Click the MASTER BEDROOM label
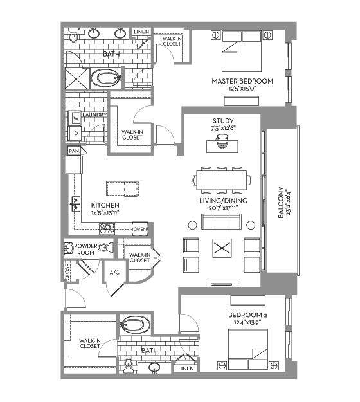tap(242, 81)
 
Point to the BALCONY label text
tap(281, 203)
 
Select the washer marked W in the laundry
tap(76, 118)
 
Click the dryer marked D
tap(76, 133)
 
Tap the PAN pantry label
tap(74, 151)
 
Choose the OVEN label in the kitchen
tap(140, 229)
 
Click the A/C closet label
tap(114, 273)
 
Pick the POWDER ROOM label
tap(86, 249)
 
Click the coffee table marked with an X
tap(222, 248)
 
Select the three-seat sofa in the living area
tap(222, 221)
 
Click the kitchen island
tap(123, 188)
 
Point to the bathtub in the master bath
tap(105, 78)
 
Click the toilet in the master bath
tap(74, 35)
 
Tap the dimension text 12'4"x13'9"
tap(248, 322)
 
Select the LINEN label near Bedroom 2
tap(186, 369)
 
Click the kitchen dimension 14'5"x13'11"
tap(105, 212)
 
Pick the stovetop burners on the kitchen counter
tap(107, 229)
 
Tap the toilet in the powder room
tap(106, 248)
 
